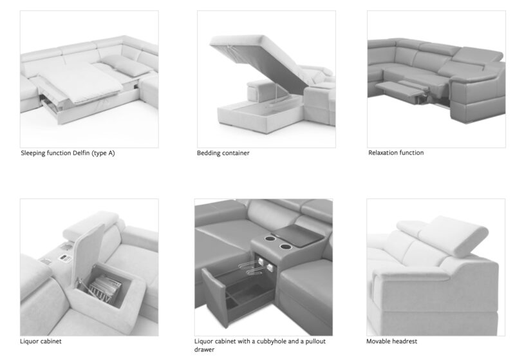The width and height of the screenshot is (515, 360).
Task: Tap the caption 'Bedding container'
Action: point(223,153)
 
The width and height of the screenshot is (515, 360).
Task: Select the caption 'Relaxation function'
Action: point(396,153)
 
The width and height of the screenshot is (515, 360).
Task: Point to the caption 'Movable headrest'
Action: point(391,341)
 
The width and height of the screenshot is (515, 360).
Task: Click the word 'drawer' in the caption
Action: point(204,350)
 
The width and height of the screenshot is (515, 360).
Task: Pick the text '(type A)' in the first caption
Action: point(103,153)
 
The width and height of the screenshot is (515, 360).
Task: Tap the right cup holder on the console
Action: point(285,247)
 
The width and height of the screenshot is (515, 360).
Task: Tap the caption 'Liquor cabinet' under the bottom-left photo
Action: point(41,341)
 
